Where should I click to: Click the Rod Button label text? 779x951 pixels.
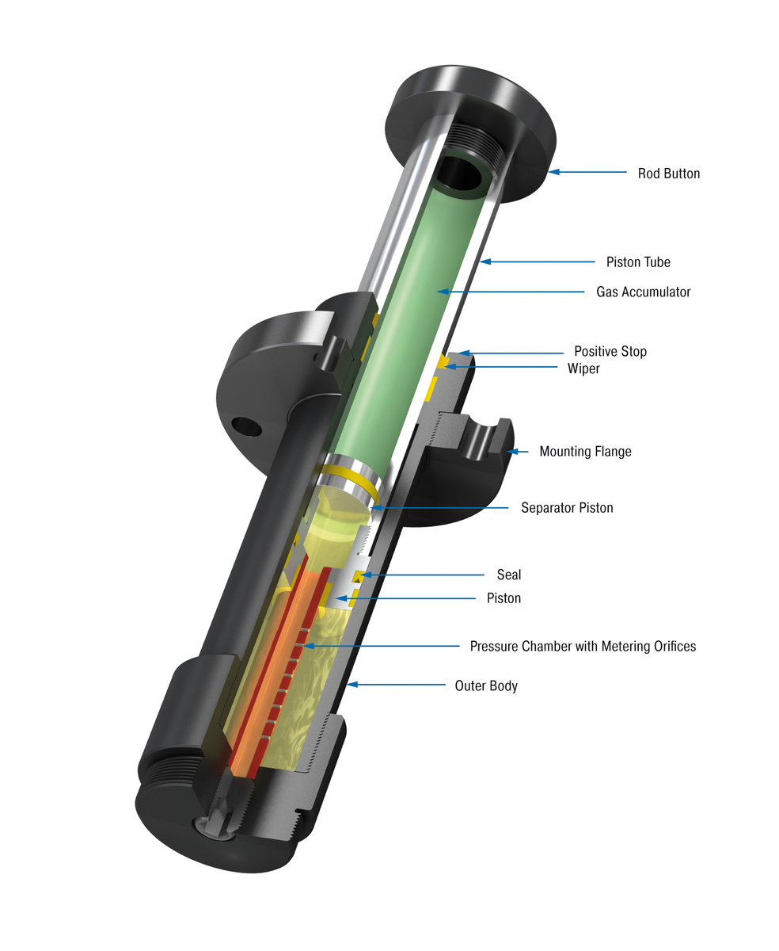click(x=668, y=174)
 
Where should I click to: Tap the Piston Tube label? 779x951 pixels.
click(x=638, y=262)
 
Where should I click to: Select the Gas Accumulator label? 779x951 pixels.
click(x=643, y=292)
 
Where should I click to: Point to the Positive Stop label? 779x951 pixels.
click(x=610, y=351)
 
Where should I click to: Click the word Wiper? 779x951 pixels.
click(x=583, y=369)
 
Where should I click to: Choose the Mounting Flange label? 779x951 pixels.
click(x=585, y=452)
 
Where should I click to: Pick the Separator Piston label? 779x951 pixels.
click(x=566, y=507)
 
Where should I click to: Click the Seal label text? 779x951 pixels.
click(x=509, y=575)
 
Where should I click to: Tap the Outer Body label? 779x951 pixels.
click(x=485, y=686)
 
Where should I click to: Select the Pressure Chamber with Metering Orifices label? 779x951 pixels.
click(x=583, y=647)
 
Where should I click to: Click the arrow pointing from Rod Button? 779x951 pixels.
click(x=585, y=172)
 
